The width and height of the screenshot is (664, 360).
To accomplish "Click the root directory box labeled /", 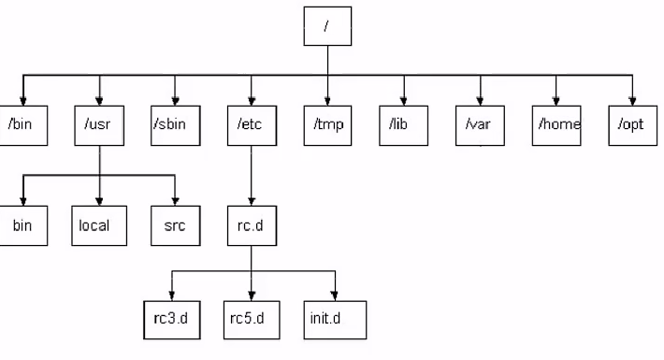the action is click(x=327, y=26).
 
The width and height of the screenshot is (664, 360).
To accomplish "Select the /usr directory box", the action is click(x=99, y=126).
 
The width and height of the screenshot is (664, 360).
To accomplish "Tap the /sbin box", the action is click(x=175, y=126).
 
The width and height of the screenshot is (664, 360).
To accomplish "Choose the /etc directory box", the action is click(x=252, y=126).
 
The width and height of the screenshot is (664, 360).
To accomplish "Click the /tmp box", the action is click(x=327, y=126).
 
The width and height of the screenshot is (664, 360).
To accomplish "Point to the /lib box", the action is click(x=404, y=126).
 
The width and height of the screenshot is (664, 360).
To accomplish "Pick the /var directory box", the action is click(x=480, y=126).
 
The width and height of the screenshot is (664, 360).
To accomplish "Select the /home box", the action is click(x=556, y=126).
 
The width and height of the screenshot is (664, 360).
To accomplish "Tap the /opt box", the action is click(x=632, y=126).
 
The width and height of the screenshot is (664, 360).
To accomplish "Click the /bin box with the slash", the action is click(x=23, y=126).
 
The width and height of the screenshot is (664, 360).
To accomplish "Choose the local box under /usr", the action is click(x=99, y=225).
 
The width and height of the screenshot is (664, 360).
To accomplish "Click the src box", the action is click(x=175, y=225).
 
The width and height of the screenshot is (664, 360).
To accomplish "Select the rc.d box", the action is click(x=252, y=225).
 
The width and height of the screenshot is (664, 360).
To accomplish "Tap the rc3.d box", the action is click(x=172, y=320).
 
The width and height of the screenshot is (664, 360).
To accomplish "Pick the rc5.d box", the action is click(x=252, y=320).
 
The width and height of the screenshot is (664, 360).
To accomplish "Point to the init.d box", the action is click(x=335, y=320).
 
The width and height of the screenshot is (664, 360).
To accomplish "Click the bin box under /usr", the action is click(x=23, y=225).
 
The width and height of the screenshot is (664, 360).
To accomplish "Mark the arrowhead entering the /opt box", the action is click(x=632, y=101).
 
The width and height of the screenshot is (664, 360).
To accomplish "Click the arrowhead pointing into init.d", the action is click(x=335, y=296).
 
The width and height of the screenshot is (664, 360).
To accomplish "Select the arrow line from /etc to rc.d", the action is click(x=252, y=176).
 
